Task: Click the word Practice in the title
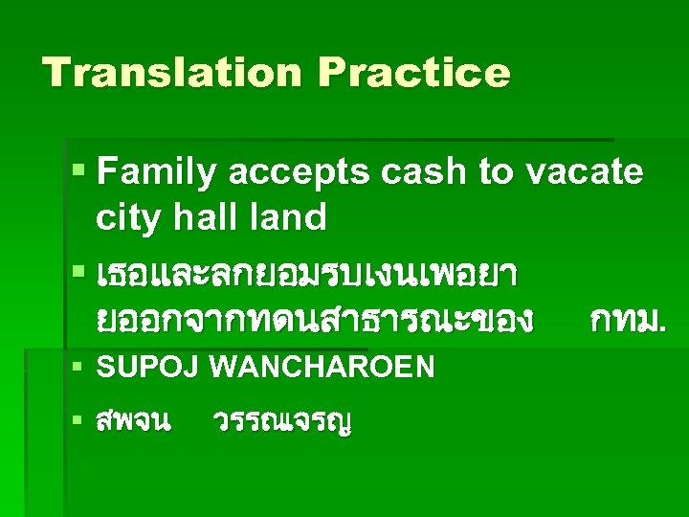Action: click(414, 73)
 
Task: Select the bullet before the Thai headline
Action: click(79, 274)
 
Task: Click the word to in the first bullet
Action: click(496, 173)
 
